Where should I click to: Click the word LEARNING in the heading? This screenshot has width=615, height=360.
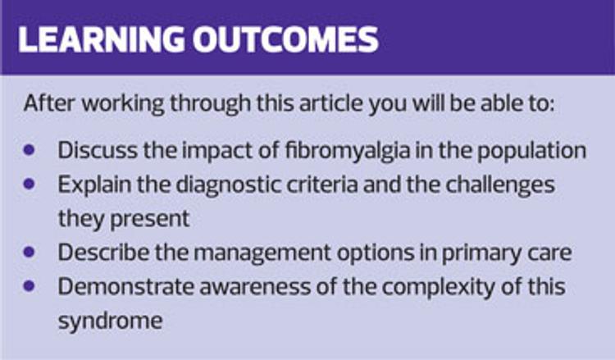pyautogui.click(x=101, y=39)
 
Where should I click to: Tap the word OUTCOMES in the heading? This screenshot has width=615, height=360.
pyautogui.click(x=285, y=39)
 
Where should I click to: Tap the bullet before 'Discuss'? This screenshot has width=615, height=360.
pyautogui.click(x=29, y=150)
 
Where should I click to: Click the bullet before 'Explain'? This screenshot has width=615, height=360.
pyautogui.click(x=29, y=184)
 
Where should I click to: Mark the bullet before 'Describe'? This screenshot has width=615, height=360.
pyautogui.click(x=29, y=252)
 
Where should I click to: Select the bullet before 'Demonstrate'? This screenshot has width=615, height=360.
pyautogui.click(x=29, y=286)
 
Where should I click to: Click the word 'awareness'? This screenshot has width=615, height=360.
pyautogui.click(x=255, y=287)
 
